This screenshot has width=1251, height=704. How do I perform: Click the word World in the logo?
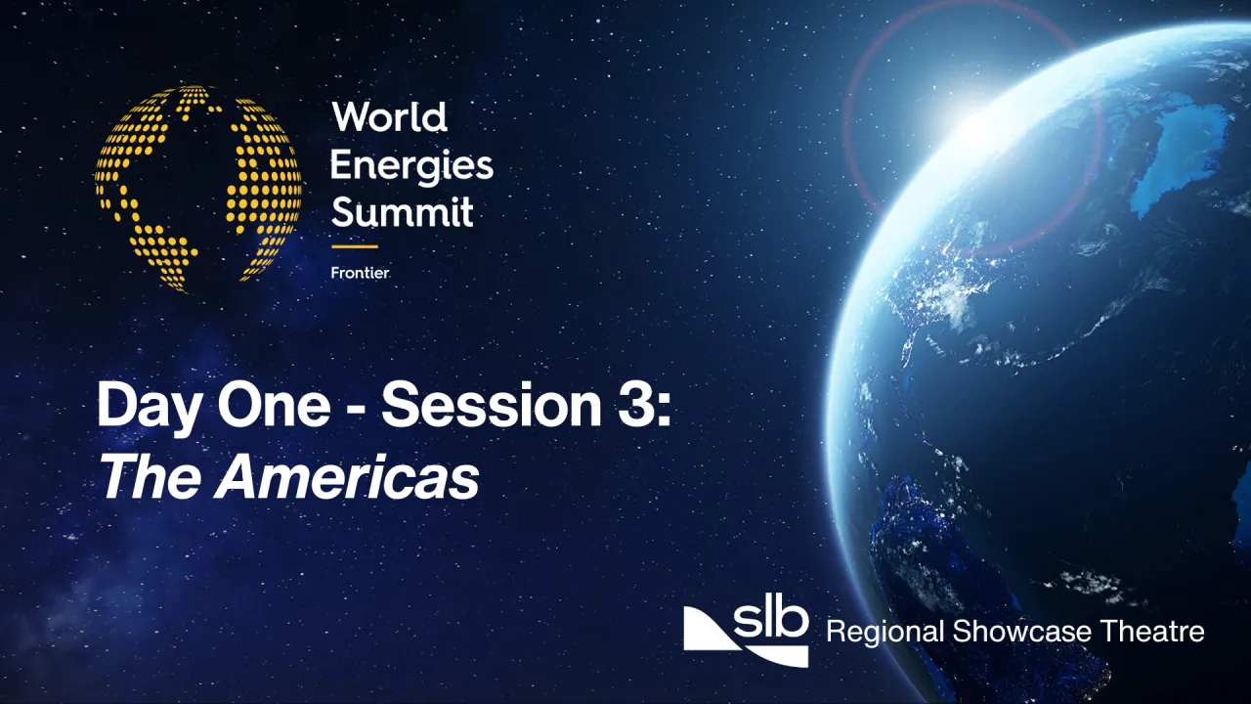[x=389, y=118]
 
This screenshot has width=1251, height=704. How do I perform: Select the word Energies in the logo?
[x=411, y=164]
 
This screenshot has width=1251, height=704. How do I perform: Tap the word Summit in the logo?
[x=402, y=210]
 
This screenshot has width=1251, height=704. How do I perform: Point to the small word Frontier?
[x=360, y=273]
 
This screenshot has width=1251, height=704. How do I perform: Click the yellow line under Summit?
[x=354, y=246]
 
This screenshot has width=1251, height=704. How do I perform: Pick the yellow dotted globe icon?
[x=198, y=189]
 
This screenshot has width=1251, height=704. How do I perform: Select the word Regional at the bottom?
[x=885, y=632]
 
